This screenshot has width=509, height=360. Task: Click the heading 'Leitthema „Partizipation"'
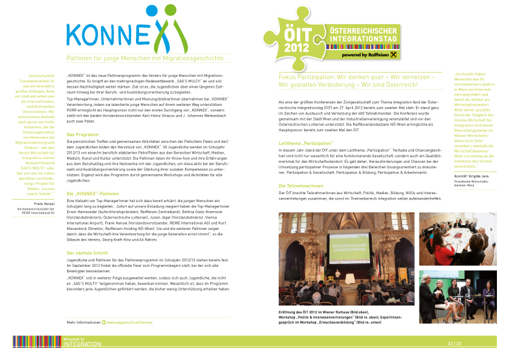point(306,143)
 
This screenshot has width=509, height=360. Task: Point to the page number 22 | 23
point(454,344)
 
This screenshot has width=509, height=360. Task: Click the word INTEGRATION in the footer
point(82,345)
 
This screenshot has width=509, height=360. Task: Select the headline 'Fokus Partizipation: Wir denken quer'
point(356,77)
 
